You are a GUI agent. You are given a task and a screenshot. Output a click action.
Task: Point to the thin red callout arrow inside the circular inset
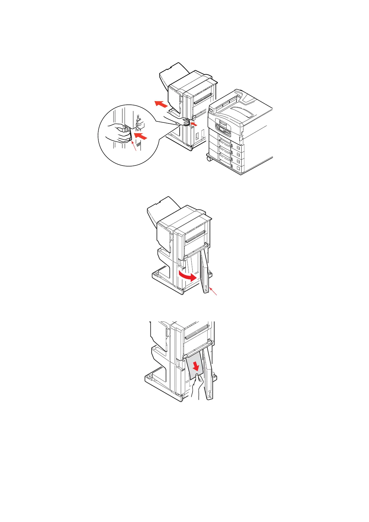coord(134,146)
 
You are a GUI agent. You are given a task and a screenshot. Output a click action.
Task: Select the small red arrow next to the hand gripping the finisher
coord(193,124)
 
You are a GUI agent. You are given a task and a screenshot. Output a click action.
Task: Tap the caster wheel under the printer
coord(209,158)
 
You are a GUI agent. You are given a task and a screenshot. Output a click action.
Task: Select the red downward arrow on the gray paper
coord(195,366)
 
